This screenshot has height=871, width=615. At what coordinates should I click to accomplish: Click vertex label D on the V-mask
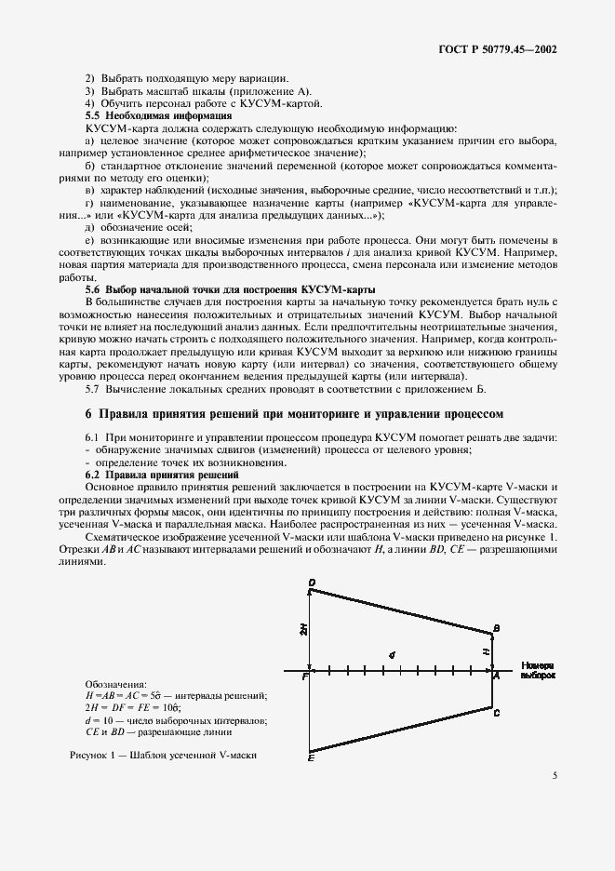click(312, 583)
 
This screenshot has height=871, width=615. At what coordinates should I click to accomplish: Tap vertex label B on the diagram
click(497, 630)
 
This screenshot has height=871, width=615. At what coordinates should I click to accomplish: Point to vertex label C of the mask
click(498, 713)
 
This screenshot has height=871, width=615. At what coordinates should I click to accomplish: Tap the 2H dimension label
click(303, 630)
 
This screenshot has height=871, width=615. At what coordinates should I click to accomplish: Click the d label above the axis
click(393, 655)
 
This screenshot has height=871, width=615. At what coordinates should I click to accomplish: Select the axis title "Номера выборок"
click(539, 671)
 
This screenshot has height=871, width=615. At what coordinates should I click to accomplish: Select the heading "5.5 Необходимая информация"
click(158, 115)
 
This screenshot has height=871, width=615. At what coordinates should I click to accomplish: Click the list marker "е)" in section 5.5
click(89, 240)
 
